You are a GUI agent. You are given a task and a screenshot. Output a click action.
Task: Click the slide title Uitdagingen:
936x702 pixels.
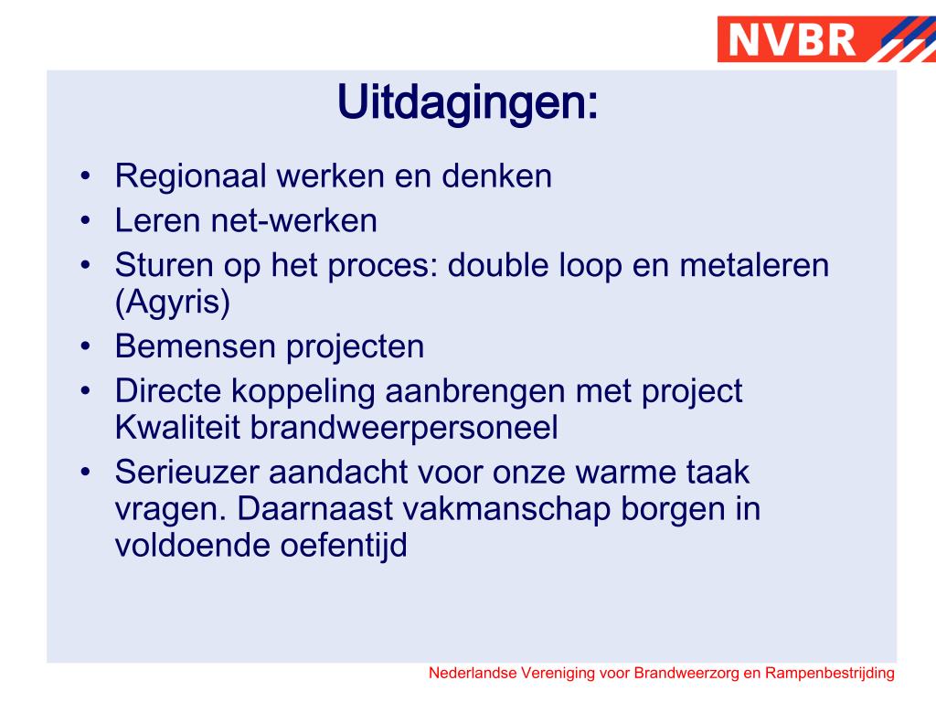468,102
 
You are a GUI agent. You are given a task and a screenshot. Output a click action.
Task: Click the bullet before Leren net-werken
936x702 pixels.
85,221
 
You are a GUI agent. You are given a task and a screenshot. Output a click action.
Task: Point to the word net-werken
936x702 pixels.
301,221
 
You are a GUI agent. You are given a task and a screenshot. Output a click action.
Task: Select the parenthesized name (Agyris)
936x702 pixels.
173,302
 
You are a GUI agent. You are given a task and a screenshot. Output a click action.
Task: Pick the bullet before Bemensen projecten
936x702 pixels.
85,346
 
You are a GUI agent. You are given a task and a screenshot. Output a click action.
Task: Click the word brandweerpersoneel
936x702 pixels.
410,428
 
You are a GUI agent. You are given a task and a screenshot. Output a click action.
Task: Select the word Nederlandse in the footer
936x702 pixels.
473,674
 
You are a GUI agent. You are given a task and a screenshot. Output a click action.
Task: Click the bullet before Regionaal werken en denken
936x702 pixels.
85,175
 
